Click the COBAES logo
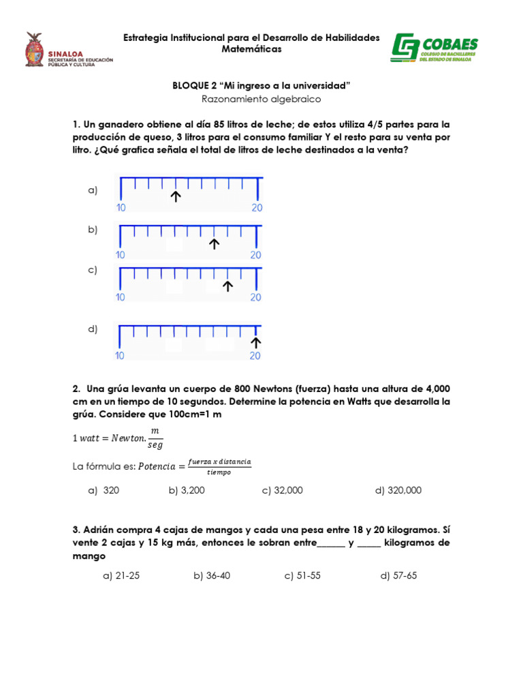(x=434, y=49)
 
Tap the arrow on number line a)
(x=176, y=197)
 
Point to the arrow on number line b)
(x=215, y=243)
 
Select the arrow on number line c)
(x=228, y=286)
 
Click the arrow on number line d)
(x=257, y=342)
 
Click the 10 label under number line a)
(x=120, y=208)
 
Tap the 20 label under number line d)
(x=256, y=356)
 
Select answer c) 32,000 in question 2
(x=282, y=490)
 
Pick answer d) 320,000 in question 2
(x=398, y=490)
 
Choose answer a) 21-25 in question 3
(x=121, y=575)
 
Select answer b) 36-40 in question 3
(x=212, y=575)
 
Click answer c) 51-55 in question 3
(x=302, y=575)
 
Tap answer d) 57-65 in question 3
(x=398, y=575)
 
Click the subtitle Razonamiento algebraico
(x=261, y=99)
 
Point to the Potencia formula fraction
(x=216, y=467)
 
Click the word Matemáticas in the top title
(x=251, y=50)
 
